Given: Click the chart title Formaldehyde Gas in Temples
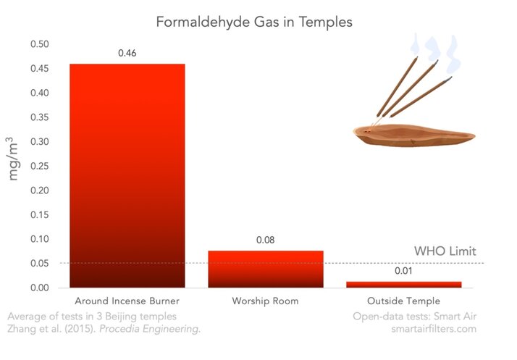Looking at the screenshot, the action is point(254,22).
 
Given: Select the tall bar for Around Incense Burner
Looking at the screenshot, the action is point(127,175).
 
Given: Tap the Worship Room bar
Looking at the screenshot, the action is point(266,269).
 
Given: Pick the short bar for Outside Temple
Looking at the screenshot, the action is point(403,285).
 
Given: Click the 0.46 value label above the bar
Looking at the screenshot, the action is point(127,53).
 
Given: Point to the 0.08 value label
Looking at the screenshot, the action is point(266,240).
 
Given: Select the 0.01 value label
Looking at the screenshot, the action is point(403,271).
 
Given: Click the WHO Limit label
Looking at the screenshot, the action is point(445,251).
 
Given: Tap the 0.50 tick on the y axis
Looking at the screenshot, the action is point(40,44).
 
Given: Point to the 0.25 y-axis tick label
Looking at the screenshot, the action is point(40,166).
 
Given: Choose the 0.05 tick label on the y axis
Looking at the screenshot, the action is point(40,264).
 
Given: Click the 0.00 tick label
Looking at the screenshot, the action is point(40,288).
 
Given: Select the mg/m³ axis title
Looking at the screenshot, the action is point(12,159).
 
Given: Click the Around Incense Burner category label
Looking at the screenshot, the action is point(127,301).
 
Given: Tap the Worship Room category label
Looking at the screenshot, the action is point(266,301).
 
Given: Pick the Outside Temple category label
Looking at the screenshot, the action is point(403,301).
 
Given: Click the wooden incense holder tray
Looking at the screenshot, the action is point(413,135).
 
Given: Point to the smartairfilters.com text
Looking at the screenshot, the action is point(434,329).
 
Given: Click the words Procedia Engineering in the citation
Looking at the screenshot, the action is point(149,329).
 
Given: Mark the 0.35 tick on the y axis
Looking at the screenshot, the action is point(40,117).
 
